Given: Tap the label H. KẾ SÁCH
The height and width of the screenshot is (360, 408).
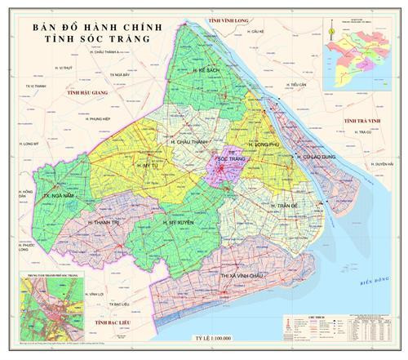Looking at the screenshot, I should tap(208, 72).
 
